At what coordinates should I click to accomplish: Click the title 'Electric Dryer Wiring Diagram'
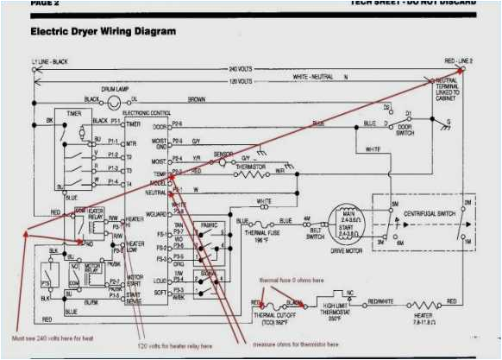tap(103, 32)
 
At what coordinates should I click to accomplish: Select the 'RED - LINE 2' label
tap(459, 61)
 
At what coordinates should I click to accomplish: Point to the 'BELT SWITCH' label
tap(314, 232)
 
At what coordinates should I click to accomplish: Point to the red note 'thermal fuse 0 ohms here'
tap(293, 281)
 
